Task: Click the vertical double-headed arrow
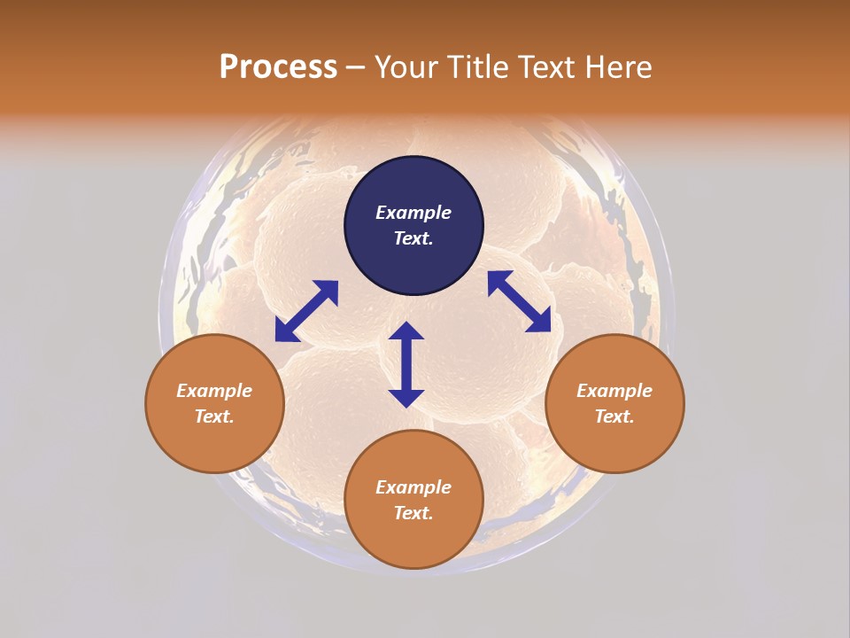[x=406, y=364]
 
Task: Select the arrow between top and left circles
[x=306, y=310]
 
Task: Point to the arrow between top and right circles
[x=519, y=301]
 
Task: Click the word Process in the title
[x=278, y=66]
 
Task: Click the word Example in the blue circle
[x=413, y=213]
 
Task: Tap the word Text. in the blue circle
[x=413, y=238]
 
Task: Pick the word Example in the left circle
[x=214, y=391]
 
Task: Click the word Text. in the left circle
[x=214, y=416]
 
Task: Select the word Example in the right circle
[x=614, y=391]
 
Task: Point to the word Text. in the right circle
[x=614, y=416]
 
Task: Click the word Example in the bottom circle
[x=413, y=487]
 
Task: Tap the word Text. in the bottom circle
[x=413, y=513]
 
